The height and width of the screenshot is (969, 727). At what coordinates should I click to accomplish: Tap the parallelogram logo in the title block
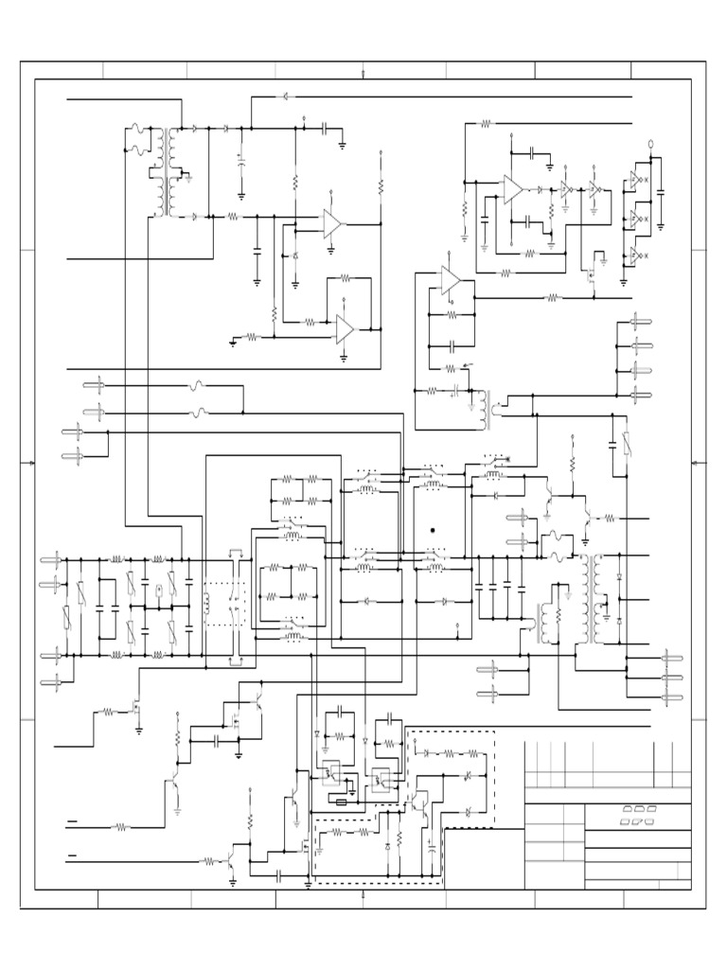(638, 815)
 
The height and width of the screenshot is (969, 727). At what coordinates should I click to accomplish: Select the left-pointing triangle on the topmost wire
(285, 97)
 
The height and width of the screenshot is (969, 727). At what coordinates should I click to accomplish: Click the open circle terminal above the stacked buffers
(649, 144)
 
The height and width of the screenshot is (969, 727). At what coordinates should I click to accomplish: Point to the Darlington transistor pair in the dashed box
(417, 801)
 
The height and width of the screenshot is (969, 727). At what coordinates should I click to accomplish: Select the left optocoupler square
(331, 771)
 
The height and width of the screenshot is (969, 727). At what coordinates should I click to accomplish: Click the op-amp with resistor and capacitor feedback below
(450, 280)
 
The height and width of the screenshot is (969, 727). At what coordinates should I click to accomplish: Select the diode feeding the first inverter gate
(541, 189)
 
